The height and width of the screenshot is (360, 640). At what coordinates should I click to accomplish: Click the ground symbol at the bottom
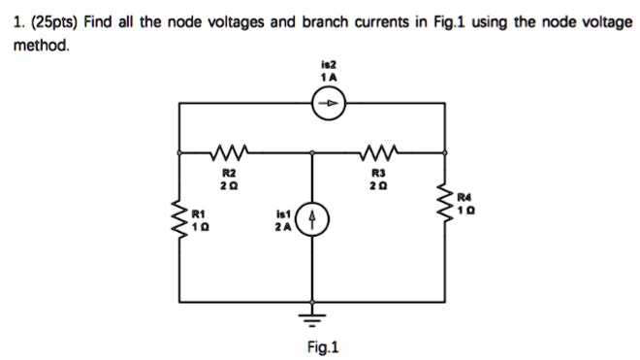312,311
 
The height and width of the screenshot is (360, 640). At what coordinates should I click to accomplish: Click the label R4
466,194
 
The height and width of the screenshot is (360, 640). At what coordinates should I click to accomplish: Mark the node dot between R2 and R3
312,152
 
